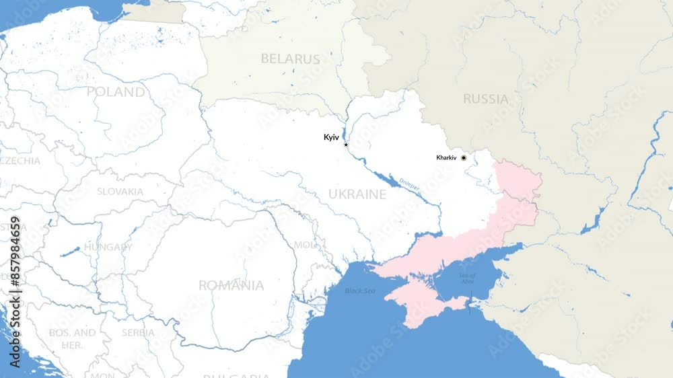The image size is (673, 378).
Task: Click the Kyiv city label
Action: (x=331, y=137)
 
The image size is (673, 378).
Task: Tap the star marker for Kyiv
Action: (x=346, y=145)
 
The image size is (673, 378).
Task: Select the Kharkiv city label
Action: (x=446, y=157)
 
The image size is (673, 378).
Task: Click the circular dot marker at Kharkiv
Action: (x=464, y=157)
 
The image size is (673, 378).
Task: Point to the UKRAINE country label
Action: (x=357, y=194)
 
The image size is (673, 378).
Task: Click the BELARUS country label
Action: (x=290, y=59)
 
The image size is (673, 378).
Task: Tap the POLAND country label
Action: (x=115, y=91)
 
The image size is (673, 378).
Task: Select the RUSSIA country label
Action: (x=485, y=100)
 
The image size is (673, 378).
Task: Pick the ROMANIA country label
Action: (x=231, y=285)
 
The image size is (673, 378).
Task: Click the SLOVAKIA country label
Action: (x=120, y=192)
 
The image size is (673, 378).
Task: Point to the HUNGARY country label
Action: (x=108, y=247)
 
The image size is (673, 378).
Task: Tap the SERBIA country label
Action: (x=138, y=332)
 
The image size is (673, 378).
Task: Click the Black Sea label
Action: (x=360, y=291)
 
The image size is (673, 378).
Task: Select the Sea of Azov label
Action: (x=467, y=277)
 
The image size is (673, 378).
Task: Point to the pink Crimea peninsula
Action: (x=421, y=303)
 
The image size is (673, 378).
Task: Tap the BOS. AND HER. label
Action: (x=72, y=338)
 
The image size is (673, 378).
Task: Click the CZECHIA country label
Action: (x=20, y=161)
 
